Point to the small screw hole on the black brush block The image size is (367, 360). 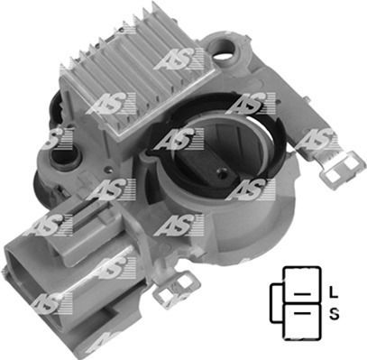[223, 172]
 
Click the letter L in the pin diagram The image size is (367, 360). [333, 292]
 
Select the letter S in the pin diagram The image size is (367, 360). [334, 314]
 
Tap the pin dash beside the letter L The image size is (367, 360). [302, 294]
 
